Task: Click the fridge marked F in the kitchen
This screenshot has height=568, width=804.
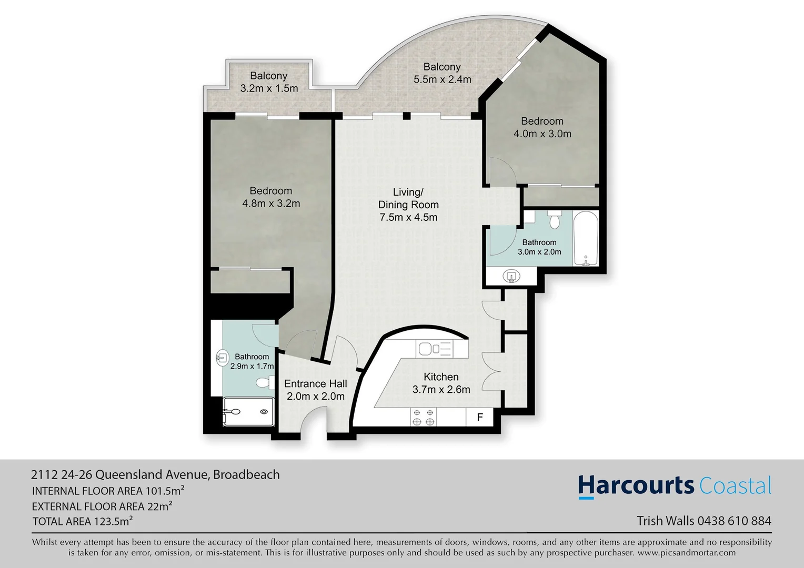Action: pyautogui.click(x=480, y=418)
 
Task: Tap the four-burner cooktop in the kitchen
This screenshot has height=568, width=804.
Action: pyautogui.click(x=423, y=417)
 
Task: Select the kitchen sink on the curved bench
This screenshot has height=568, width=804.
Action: pyautogui.click(x=434, y=349)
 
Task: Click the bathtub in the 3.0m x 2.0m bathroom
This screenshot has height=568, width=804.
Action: pyautogui.click(x=585, y=239)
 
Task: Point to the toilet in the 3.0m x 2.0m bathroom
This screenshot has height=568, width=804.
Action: pyautogui.click(x=554, y=220)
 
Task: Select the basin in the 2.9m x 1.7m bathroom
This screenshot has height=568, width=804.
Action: pyautogui.click(x=222, y=358)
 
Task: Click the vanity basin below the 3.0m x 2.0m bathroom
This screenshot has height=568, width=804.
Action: pyautogui.click(x=510, y=276)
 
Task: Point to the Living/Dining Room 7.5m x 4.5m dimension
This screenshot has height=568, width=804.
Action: pyautogui.click(x=408, y=217)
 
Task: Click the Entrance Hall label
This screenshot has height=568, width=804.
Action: pyautogui.click(x=315, y=384)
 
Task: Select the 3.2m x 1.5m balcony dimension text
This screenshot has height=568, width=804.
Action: pyautogui.click(x=269, y=88)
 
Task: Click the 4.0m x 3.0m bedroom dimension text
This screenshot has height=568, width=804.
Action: pyautogui.click(x=542, y=134)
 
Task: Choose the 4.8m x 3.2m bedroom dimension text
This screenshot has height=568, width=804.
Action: pyautogui.click(x=271, y=204)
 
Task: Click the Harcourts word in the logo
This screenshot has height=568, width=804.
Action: pyautogui.click(x=636, y=486)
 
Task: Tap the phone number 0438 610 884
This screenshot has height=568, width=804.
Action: pyautogui.click(x=734, y=521)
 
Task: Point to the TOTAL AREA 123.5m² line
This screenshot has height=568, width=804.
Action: pyautogui.click(x=83, y=521)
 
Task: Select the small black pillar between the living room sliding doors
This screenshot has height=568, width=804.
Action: pyautogui.click(x=406, y=116)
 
